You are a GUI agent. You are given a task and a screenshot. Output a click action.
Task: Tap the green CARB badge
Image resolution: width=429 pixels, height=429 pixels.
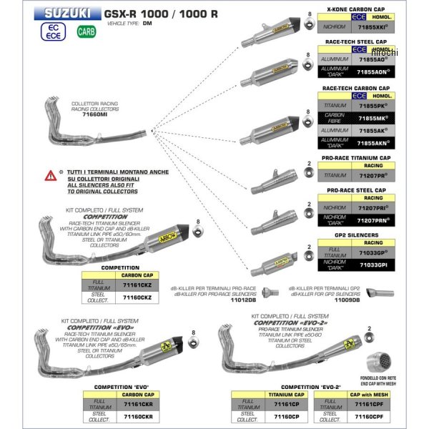(84, 31)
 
